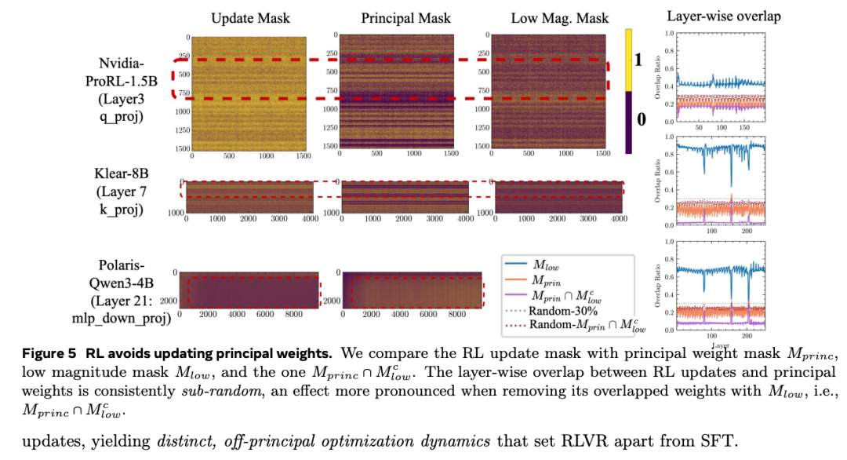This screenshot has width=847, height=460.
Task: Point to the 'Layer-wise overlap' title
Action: (724, 16)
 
